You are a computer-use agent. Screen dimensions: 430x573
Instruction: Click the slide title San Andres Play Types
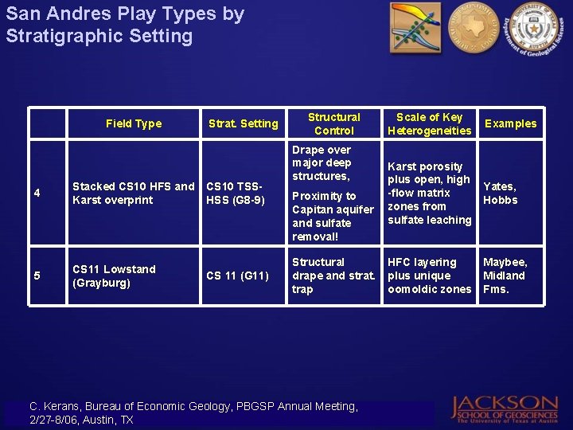tap(125, 25)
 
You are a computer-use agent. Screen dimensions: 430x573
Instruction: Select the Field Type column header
tap(134, 123)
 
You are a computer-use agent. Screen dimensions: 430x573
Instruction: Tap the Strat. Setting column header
tap(243, 123)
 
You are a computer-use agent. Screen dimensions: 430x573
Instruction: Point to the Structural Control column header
tap(333, 123)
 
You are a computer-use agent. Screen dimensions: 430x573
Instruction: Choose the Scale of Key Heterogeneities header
tap(429, 123)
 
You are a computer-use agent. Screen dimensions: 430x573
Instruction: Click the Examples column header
tap(511, 123)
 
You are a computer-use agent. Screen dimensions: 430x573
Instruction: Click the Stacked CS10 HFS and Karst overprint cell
tap(133, 193)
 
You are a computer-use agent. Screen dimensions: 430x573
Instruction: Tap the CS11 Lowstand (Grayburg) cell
tap(114, 276)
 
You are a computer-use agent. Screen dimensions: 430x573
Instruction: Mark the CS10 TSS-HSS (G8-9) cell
tap(236, 193)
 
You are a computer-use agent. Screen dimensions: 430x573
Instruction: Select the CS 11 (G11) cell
tap(236, 276)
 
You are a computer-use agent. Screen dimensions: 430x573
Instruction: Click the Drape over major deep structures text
tap(322, 162)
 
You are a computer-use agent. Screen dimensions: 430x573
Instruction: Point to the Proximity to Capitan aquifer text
tap(332, 216)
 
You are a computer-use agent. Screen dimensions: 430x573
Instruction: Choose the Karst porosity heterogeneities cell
tap(429, 193)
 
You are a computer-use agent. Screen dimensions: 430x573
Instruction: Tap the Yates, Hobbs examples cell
tap(501, 193)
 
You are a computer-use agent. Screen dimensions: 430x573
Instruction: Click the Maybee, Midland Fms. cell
tap(505, 276)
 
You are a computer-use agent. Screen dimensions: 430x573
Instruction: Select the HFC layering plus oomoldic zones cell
tap(429, 276)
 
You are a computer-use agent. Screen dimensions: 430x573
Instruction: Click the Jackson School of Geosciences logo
tap(505, 408)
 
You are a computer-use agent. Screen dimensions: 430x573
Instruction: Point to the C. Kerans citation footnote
tap(193, 412)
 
